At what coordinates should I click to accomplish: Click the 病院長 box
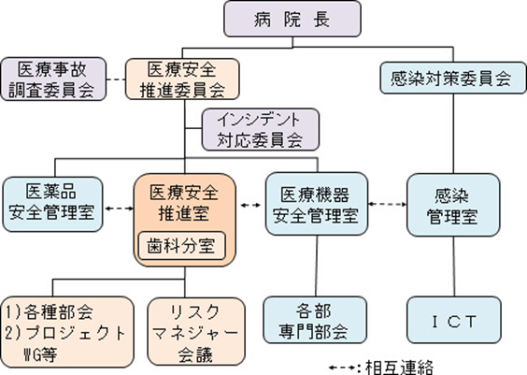[x=292, y=19]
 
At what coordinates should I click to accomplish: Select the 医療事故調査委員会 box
[x=53, y=79]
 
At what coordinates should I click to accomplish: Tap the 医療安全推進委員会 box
[x=182, y=79]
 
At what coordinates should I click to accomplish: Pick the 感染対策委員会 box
[x=453, y=78]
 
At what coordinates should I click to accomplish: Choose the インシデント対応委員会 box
[x=261, y=129]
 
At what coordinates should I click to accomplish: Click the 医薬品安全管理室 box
[x=52, y=204]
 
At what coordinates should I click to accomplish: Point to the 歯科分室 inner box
[x=182, y=246]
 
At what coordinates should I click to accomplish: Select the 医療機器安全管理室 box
[x=317, y=204]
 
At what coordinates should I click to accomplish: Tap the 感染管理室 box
[x=453, y=205]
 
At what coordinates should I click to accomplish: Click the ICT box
[x=454, y=320]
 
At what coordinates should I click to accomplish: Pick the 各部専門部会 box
[x=315, y=320]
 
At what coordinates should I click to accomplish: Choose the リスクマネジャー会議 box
[x=196, y=332]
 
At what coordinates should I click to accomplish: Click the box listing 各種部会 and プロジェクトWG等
[x=67, y=332]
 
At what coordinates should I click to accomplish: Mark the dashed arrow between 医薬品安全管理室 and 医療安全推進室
[x=119, y=209]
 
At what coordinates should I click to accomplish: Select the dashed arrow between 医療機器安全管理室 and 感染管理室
[x=387, y=204]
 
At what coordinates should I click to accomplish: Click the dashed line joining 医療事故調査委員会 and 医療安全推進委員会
[x=116, y=79]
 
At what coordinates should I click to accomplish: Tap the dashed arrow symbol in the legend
[x=341, y=368]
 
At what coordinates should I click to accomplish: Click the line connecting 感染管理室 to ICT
[x=454, y=267]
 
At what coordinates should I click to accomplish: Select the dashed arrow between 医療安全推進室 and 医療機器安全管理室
[x=250, y=205]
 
